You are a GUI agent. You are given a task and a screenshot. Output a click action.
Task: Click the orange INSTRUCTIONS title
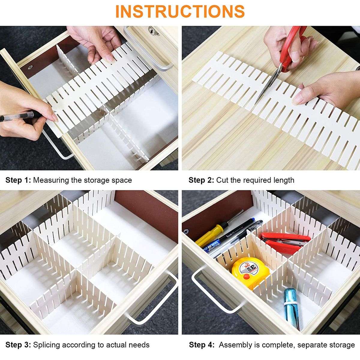click(180, 11)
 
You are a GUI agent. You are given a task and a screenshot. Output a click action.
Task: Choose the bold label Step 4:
click(202, 345)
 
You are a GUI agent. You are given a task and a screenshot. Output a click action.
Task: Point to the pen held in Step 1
click(18, 116)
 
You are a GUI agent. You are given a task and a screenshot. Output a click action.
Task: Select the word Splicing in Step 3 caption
click(46, 345)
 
